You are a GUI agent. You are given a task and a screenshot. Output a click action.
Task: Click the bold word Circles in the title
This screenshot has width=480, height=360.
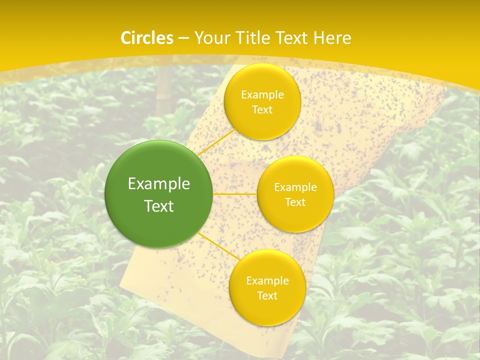[x=147, y=38]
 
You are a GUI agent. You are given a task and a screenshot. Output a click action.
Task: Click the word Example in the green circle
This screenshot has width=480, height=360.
[x=159, y=184]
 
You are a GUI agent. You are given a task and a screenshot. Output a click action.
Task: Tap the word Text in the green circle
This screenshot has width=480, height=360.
[x=159, y=206]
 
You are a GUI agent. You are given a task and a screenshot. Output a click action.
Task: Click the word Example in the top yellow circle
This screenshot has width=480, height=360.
[x=262, y=95]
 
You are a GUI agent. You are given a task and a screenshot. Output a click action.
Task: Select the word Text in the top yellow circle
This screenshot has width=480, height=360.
[x=262, y=110]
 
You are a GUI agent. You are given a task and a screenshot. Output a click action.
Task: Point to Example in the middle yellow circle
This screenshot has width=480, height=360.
[x=295, y=187]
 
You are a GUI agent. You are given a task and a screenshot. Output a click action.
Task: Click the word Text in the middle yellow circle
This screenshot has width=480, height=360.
[x=295, y=202]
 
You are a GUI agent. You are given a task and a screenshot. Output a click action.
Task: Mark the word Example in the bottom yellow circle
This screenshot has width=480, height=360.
[x=267, y=281]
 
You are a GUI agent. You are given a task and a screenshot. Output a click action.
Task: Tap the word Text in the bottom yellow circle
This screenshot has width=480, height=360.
[x=267, y=296]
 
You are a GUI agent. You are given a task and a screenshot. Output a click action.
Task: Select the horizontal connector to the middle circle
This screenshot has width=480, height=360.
[x=235, y=193]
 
